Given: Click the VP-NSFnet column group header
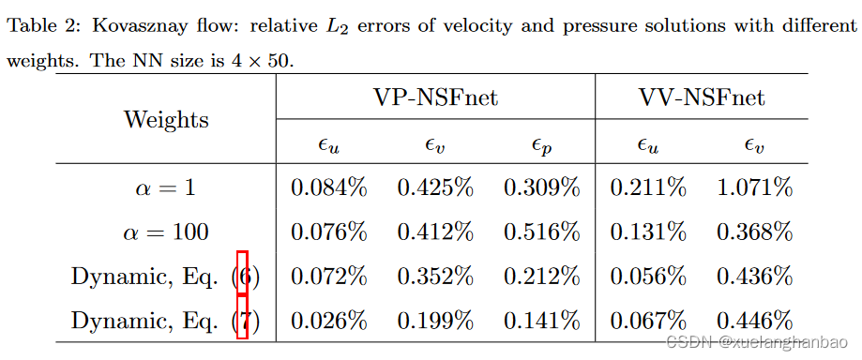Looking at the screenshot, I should pyautogui.click(x=435, y=97).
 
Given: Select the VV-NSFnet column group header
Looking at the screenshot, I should pyautogui.click(x=702, y=97).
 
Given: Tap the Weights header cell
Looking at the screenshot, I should pyautogui.click(x=166, y=120).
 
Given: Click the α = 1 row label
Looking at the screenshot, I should pyautogui.click(x=166, y=187).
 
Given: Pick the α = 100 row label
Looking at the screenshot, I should pyautogui.click(x=166, y=232).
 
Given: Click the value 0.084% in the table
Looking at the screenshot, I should pyautogui.click(x=328, y=187).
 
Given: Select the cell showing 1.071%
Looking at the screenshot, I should pyautogui.click(x=755, y=187).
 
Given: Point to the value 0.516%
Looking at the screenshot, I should pyautogui.click(x=542, y=232).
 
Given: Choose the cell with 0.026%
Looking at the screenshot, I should pyautogui.click(x=328, y=321).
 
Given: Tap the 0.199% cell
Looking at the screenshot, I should pyautogui.click(x=435, y=321).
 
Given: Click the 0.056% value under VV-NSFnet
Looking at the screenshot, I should pyautogui.click(x=648, y=277).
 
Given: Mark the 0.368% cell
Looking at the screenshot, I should pyautogui.click(x=755, y=232).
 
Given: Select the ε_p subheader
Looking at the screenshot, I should pyautogui.click(x=541, y=144).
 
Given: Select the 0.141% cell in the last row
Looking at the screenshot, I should pyautogui.click(x=542, y=321).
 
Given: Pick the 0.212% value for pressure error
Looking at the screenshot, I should pyautogui.click(x=542, y=277).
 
